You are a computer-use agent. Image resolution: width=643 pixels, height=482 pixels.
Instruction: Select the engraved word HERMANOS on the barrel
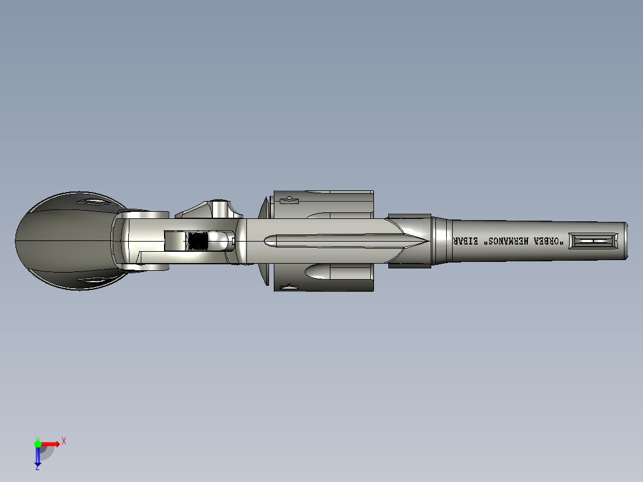pyautogui.click(x=511, y=241)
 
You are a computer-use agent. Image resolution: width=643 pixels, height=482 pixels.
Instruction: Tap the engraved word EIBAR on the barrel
pyautogui.click(x=468, y=241)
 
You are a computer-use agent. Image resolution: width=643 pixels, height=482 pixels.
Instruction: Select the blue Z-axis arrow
pyautogui.click(x=38, y=456)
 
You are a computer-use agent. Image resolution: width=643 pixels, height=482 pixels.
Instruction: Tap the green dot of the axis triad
pyautogui.click(x=38, y=443)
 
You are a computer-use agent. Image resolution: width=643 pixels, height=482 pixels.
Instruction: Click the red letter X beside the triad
pyautogui.click(x=63, y=441)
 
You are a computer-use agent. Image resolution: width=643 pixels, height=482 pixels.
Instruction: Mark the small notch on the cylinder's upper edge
pyautogui.click(x=289, y=200)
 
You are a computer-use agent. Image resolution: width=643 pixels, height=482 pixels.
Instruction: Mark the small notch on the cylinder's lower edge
pyautogui.click(x=289, y=288)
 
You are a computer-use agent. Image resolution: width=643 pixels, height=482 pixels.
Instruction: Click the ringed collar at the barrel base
pyautogui.click(x=442, y=241)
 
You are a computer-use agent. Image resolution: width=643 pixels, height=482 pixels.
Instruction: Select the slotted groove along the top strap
pyautogui.click(x=334, y=241)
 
